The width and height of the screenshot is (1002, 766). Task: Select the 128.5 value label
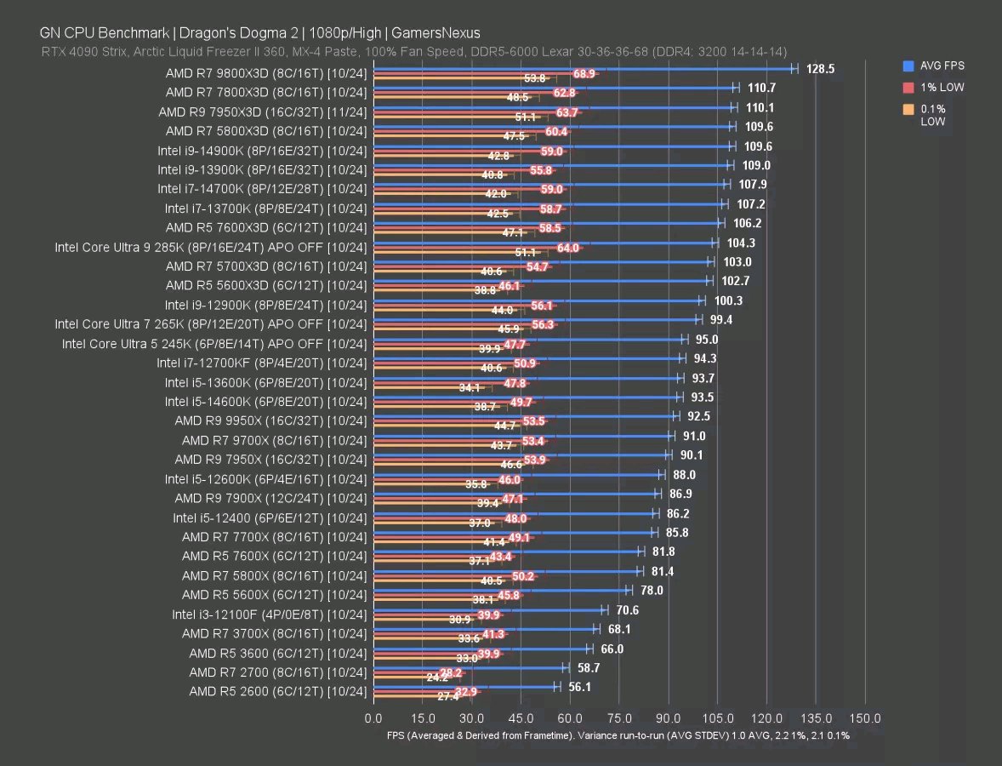pyautogui.click(x=820, y=69)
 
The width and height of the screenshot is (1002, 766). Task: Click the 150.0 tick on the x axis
pyautogui.click(x=865, y=718)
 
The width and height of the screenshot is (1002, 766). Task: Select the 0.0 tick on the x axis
pyautogui.click(x=373, y=718)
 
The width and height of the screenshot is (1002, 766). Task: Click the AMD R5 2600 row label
pyautogui.click(x=278, y=691)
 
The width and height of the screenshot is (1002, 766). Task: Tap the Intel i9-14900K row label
pyautogui.click(x=263, y=150)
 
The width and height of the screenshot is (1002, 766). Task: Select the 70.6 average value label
pyautogui.click(x=628, y=609)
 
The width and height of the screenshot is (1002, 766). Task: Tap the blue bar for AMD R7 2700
pyautogui.click(x=467, y=667)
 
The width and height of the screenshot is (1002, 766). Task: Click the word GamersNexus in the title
pyautogui.click(x=436, y=33)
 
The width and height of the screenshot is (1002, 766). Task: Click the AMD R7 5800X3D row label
pyautogui.click(x=266, y=131)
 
